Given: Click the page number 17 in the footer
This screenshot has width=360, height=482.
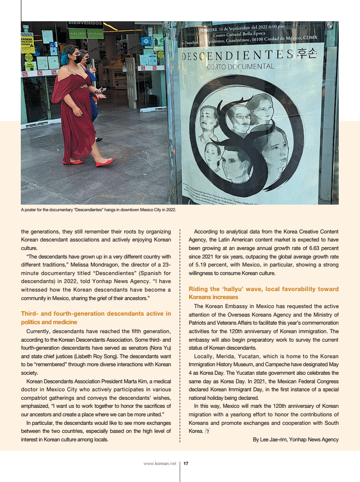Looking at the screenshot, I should click(x=186, y=464).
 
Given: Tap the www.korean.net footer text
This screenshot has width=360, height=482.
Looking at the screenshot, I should click(x=160, y=464).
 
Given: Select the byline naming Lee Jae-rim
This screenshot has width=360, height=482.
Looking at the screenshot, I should click(x=296, y=439).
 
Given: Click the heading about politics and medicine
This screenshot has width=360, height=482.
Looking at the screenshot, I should click(x=96, y=318).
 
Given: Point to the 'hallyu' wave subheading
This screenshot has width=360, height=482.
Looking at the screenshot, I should click(x=264, y=293).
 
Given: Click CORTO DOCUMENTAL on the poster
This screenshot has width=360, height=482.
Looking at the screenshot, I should click(x=240, y=67).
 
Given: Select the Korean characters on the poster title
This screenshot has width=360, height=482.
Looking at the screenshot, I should click(x=307, y=53).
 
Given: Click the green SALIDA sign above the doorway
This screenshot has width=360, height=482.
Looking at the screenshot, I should click(x=77, y=34).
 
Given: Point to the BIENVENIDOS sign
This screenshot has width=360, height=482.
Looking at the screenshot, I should click(x=85, y=23).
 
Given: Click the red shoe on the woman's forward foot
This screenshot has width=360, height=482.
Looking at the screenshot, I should click(x=105, y=163).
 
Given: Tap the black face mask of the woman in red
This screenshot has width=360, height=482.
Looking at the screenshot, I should click(x=77, y=60).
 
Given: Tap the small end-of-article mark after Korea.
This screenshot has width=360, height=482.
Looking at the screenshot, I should click(x=207, y=431).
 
